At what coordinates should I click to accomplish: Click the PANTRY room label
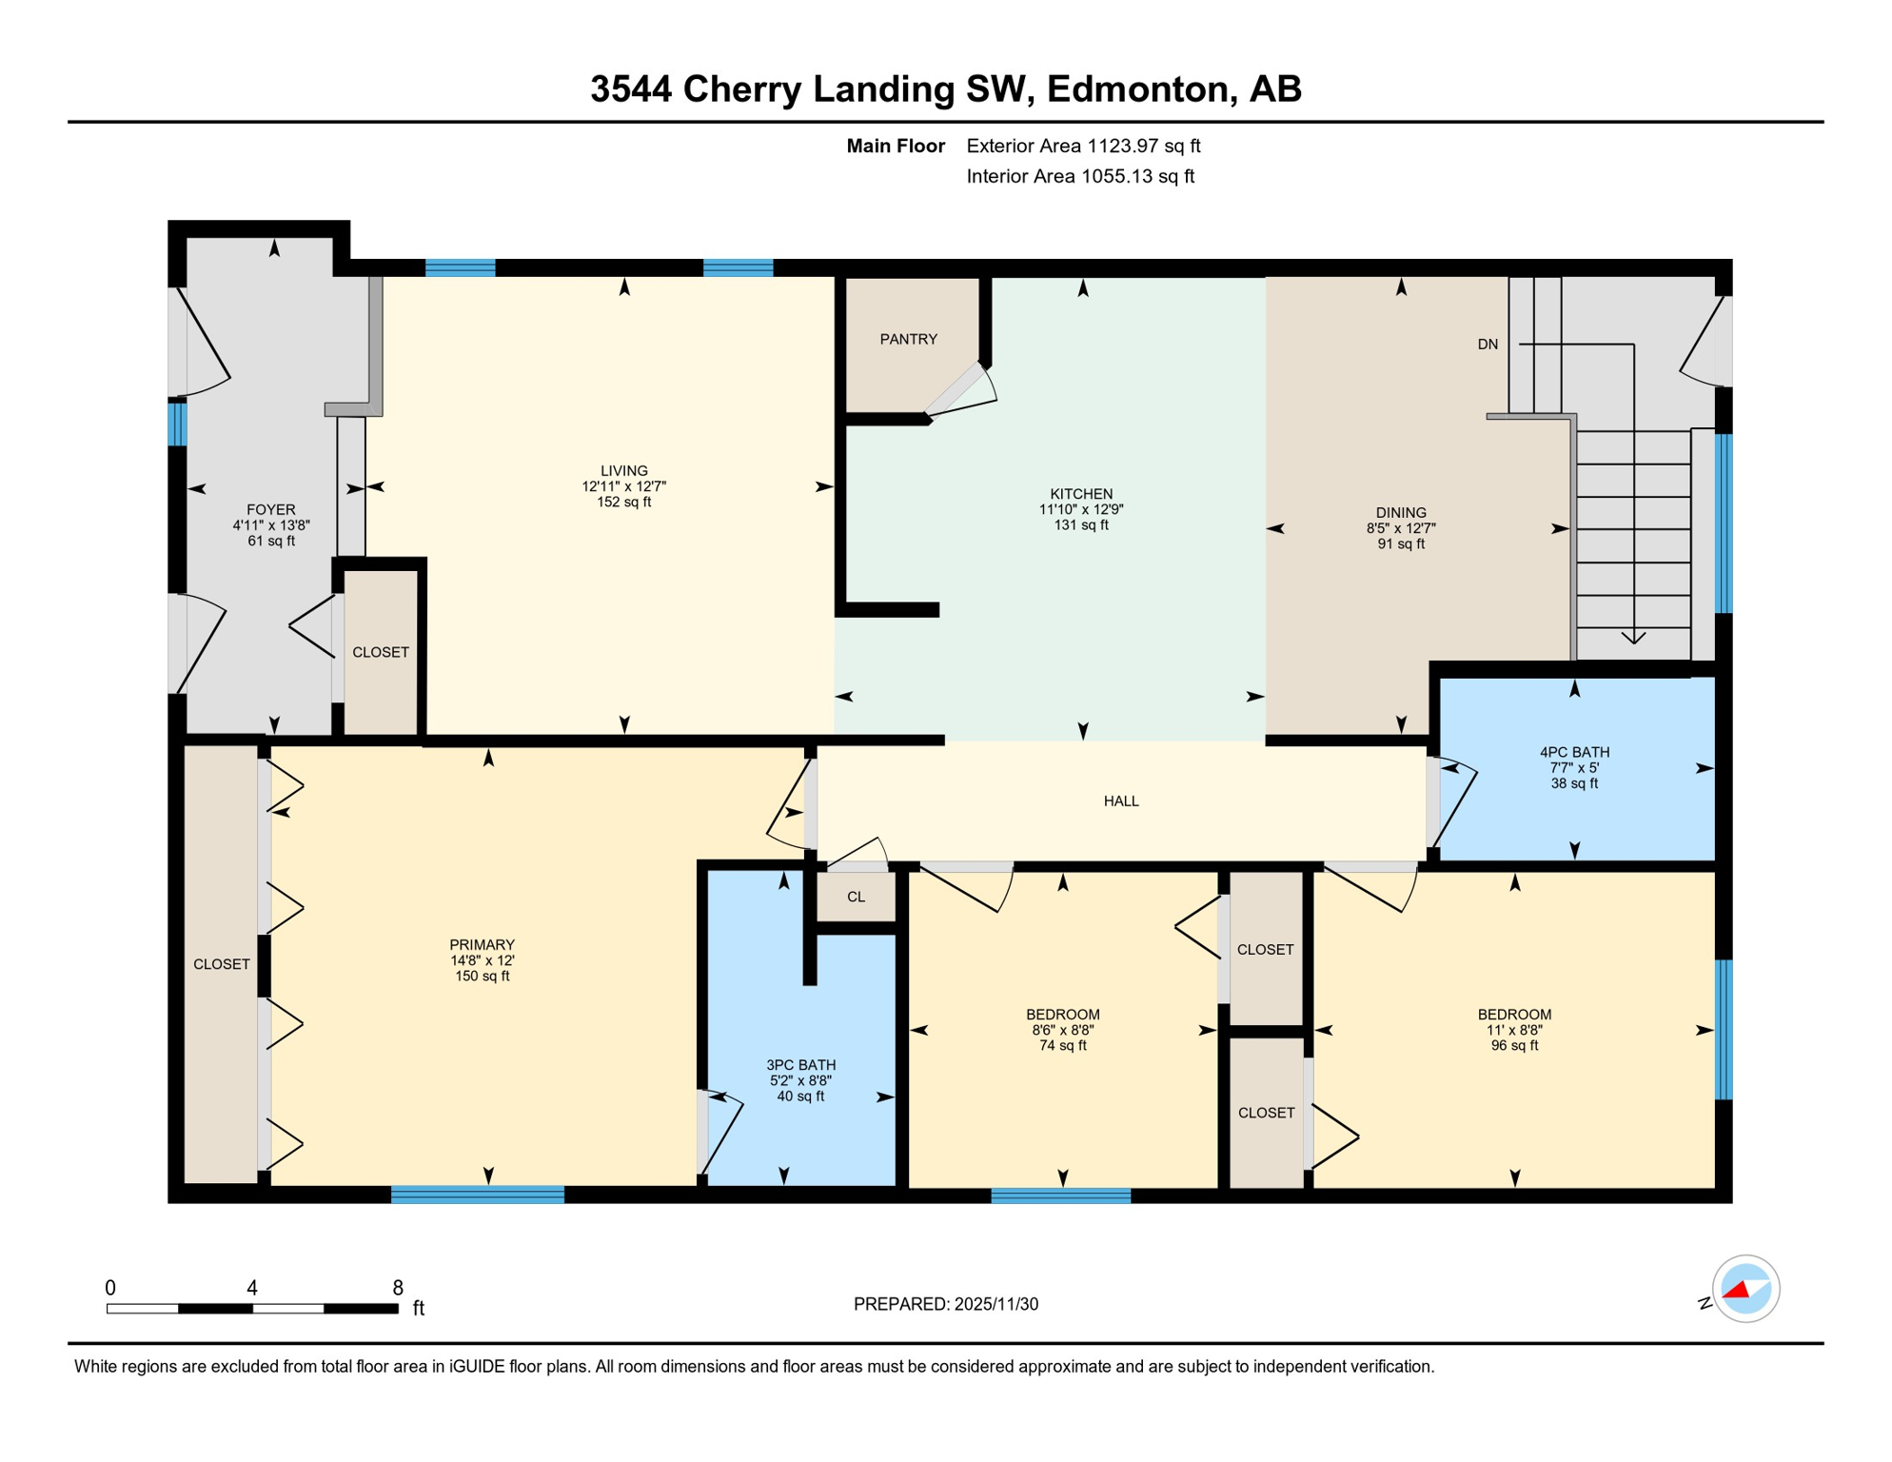click(x=908, y=339)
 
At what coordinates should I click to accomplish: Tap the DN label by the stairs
click(x=1488, y=345)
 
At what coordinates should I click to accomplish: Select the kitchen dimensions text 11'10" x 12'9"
click(x=1081, y=509)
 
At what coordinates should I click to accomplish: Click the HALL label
click(x=1121, y=801)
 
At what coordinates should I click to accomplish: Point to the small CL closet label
click(x=856, y=897)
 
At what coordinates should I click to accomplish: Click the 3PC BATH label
click(x=800, y=1065)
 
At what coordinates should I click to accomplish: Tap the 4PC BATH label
click(x=1574, y=752)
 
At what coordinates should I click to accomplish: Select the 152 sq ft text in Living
click(x=624, y=502)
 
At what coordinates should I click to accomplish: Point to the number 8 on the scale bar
click(x=398, y=1288)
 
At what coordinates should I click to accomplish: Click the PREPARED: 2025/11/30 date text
click(x=945, y=1304)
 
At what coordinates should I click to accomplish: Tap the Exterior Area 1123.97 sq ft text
click(x=1083, y=146)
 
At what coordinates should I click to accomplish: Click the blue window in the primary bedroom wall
click(x=478, y=1195)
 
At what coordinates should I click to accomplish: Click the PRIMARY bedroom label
click(x=482, y=944)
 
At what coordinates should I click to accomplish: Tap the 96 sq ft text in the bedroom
click(x=1514, y=1045)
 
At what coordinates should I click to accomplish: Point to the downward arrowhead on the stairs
click(x=1633, y=638)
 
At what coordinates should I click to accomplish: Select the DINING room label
click(x=1400, y=512)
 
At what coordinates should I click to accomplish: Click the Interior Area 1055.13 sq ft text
click(x=1080, y=176)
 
